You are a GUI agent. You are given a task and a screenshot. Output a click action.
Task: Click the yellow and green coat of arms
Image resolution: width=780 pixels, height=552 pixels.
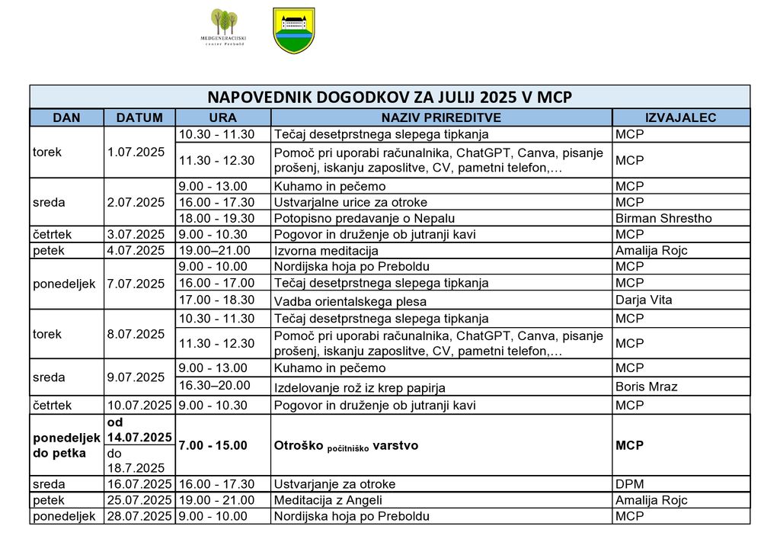tap(293, 30)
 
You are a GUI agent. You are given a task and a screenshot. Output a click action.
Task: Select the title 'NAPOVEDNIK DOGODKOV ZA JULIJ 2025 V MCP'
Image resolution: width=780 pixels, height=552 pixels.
tap(389, 97)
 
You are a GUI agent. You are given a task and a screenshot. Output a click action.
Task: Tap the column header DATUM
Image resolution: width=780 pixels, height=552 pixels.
tap(139, 117)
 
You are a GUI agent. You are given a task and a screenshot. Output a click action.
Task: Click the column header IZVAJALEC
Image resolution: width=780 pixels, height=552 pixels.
tap(680, 117)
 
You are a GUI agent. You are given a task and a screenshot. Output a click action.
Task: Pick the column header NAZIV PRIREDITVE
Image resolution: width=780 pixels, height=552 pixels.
tap(441, 117)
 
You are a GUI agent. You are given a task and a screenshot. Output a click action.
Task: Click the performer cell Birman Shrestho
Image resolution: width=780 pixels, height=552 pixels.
tap(663, 218)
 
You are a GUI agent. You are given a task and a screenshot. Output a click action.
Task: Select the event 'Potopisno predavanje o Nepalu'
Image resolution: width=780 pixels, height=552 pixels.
tap(364, 218)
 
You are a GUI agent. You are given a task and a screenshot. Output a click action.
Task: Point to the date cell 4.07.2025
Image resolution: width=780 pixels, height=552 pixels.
tap(136, 250)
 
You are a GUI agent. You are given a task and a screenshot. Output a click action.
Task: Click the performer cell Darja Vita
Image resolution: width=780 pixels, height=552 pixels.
tap(644, 300)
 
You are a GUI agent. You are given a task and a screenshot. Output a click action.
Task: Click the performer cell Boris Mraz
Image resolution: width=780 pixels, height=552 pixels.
tap(646, 387)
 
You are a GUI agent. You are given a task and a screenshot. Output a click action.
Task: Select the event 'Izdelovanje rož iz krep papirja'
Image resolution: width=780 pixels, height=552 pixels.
tap(360, 387)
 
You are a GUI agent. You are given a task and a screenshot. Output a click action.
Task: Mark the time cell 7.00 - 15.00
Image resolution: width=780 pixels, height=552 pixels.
tap(213, 445)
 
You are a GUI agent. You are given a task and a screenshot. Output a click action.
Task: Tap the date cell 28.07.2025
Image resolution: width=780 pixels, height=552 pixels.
tap(139, 516)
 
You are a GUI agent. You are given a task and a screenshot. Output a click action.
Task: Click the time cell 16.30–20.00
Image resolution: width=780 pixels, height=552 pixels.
tap(213, 386)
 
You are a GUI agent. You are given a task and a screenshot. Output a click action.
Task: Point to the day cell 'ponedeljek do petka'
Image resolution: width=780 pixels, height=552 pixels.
tap(66, 445)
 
